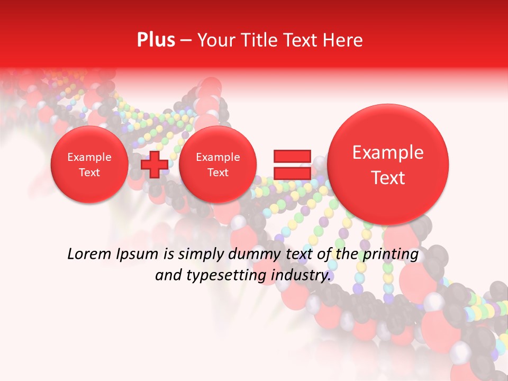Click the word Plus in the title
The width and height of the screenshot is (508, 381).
click(x=156, y=40)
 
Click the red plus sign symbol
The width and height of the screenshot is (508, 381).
click(x=155, y=164)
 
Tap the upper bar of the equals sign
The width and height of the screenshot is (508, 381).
click(x=292, y=156)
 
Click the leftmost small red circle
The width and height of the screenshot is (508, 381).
click(x=89, y=165)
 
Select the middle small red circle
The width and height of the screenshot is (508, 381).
click(x=217, y=165)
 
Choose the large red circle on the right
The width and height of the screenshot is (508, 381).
click(x=388, y=164)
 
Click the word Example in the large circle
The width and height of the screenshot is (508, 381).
click(x=388, y=152)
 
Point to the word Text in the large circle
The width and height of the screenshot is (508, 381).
click(x=388, y=178)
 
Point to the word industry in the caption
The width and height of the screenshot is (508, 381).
click(x=302, y=276)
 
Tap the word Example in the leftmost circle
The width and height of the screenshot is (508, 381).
click(x=89, y=157)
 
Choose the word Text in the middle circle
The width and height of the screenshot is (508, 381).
click(x=217, y=173)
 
